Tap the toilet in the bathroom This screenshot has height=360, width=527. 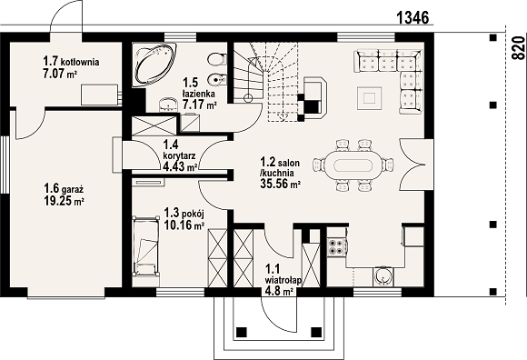217,60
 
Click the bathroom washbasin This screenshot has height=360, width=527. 166,105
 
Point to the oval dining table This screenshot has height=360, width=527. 353,165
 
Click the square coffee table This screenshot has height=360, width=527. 370,98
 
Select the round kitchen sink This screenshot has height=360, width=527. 383,276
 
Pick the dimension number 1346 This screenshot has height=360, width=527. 413,17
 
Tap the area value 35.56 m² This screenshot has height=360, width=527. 280,184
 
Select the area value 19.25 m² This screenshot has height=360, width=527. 64,201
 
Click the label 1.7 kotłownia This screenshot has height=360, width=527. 71,62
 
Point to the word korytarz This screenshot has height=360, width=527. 179,156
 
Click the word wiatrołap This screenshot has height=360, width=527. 283,280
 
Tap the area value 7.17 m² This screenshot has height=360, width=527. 199,105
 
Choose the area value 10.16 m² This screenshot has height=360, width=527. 184,225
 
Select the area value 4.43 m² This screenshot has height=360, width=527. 180,166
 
